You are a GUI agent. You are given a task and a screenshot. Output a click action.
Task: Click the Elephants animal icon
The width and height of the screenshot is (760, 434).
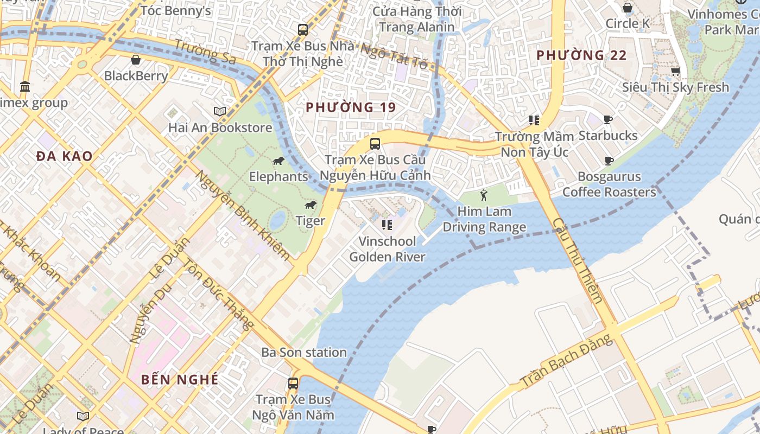coord(278,161)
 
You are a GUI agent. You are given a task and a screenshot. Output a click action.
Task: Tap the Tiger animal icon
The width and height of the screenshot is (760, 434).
coord(311,205)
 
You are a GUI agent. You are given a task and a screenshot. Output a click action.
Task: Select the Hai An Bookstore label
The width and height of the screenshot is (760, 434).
coord(220,128)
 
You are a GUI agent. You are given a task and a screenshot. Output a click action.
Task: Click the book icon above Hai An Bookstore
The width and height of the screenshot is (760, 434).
coord(219,112)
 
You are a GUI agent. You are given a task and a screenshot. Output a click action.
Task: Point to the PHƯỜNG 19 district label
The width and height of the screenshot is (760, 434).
coord(351,107)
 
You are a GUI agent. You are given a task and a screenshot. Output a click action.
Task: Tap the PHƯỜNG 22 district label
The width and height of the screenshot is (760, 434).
coord(581,55)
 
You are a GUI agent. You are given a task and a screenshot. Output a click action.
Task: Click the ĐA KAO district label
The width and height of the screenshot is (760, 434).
coord(65,156)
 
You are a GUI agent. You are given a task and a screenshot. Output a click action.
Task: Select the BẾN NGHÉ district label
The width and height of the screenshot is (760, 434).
coord(180,379)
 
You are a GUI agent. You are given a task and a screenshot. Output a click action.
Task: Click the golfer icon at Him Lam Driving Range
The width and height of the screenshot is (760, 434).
coord(484,195)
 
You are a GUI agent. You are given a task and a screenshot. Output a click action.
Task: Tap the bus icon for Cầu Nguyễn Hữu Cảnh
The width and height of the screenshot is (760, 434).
coord(375,144)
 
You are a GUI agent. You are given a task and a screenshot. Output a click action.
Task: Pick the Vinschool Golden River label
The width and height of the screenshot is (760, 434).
coord(387,249)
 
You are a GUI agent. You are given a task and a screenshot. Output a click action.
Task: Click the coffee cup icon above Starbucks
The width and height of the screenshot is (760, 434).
coord(608,119)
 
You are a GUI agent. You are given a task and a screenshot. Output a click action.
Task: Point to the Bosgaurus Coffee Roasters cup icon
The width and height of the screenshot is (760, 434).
coord(609,161)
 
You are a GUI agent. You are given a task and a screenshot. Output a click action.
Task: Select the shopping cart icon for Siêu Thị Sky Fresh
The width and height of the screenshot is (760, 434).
coord(676,71)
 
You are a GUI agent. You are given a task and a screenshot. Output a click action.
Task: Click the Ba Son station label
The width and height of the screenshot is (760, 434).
coord(304,353)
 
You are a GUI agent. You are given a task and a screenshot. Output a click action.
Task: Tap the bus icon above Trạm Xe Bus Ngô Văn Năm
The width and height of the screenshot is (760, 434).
coord(293,384)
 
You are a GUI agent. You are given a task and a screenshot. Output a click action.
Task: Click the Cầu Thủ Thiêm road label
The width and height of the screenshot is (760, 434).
coord(578,260)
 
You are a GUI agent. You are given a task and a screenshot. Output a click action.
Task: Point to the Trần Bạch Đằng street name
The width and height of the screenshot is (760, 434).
coord(567,362)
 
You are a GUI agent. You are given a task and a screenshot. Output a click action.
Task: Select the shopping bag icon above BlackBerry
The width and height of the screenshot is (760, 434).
coord(136,60)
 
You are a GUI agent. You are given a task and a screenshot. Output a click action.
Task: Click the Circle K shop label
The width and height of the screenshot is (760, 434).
coord(628,23)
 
